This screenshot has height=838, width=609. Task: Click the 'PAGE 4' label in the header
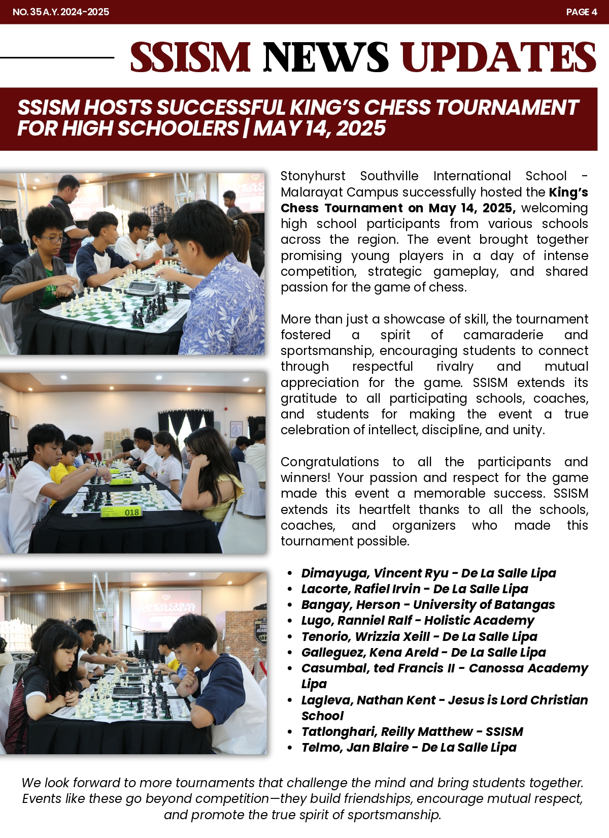pyautogui.click(x=581, y=12)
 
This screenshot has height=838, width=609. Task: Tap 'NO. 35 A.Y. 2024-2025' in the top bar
pyautogui.click(x=61, y=12)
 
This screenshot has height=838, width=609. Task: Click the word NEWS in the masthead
pyautogui.click(x=326, y=57)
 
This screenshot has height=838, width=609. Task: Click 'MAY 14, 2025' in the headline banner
pyautogui.click(x=320, y=128)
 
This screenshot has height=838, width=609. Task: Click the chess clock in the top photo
pyautogui.click(x=143, y=288)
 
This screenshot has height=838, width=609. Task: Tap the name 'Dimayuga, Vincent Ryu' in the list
pyautogui.click(x=375, y=573)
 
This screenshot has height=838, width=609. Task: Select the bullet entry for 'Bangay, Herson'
pyautogui.click(x=350, y=604)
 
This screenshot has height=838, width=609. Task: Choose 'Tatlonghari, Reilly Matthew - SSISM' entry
pyautogui.click(x=412, y=731)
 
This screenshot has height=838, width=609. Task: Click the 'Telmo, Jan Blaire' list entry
pyautogui.click(x=355, y=747)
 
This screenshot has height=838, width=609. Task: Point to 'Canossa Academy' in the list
pyautogui.click(x=528, y=668)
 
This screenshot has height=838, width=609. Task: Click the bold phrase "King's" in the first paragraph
pyautogui.click(x=568, y=192)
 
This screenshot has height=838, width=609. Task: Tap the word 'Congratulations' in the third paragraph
pyautogui.click(x=329, y=462)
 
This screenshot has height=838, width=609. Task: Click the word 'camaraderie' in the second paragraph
pyautogui.click(x=503, y=335)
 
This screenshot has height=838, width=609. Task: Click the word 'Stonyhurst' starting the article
pyautogui.click(x=313, y=176)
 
